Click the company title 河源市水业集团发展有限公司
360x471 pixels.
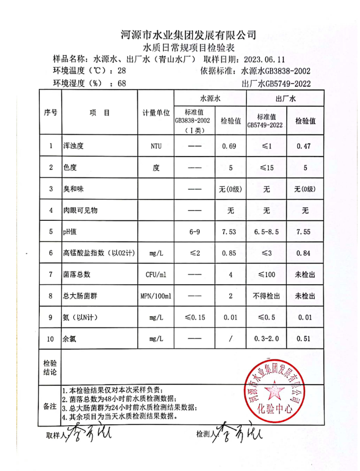[189, 35]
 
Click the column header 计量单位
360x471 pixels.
[156, 113]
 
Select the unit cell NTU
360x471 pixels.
[156, 147]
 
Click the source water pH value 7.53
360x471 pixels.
[230, 232]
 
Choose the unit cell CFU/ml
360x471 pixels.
[156, 275]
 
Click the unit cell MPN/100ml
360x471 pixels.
[156, 296]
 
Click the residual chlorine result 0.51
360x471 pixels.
[305, 339]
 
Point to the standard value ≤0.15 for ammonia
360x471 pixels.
[194, 317]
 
